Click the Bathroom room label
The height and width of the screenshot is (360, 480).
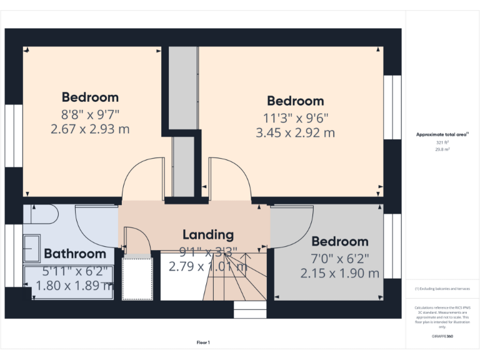click(x=75, y=254)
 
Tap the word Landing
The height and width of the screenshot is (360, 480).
click(x=208, y=234)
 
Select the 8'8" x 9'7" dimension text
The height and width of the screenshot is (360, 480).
click(x=89, y=114)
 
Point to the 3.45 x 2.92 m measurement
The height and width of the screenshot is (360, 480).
click(x=295, y=132)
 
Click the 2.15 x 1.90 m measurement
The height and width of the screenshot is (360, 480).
click(x=340, y=273)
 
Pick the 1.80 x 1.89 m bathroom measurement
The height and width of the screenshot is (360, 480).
click(x=74, y=285)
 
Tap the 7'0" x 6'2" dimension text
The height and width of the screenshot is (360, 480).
click(x=340, y=257)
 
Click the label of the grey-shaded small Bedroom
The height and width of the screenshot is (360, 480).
click(x=340, y=241)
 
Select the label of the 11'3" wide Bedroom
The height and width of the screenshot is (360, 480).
click(x=295, y=101)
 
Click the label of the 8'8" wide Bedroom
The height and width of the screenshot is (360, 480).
click(x=89, y=97)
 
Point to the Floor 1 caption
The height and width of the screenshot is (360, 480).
click(x=203, y=342)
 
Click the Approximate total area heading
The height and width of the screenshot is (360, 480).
click(x=442, y=134)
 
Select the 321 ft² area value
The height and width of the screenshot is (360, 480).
click(x=442, y=142)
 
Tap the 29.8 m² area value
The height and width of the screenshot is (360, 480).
click(x=442, y=149)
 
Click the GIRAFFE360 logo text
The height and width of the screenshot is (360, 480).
click(x=442, y=336)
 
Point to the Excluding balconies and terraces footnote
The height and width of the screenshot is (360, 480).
click(x=442, y=289)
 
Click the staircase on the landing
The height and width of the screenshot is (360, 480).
click(x=234, y=278)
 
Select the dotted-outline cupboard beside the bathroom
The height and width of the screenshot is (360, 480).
click(x=137, y=278)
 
